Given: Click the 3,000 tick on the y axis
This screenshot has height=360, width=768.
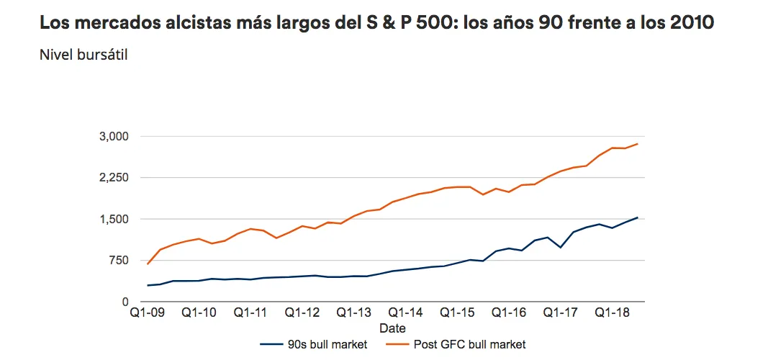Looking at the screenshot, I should pyautogui.click(x=113, y=137).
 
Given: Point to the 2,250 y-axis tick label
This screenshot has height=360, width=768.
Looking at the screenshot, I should pyautogui.click(x=113, y=178).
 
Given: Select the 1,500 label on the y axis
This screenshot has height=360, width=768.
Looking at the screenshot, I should pyautogui.click(x=113, y=219).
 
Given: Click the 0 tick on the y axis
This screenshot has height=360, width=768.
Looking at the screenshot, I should pyautogui.click(x=125, y=302).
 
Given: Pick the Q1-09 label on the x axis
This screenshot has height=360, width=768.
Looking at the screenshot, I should pyautogui.click(x=147, y=315).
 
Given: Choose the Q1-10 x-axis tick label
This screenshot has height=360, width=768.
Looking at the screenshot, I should pyautogui.click(x=199, y=315).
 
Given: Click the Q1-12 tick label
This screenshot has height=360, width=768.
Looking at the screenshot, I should pyautogui.click(x=302, y=315).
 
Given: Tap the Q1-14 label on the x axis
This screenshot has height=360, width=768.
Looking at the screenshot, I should pyautogui.click(x=405, y=315).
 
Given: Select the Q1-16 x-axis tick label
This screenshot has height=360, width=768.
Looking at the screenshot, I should pyautogui.click(x=509, y=315).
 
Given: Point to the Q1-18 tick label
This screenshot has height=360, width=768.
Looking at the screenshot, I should pyautogui.click(x=612, y=315).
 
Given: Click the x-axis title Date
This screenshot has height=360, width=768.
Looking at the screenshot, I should pyautogui.click(x=392, y=328).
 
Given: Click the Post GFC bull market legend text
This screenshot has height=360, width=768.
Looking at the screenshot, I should pyautogui.click(x=469, y=345).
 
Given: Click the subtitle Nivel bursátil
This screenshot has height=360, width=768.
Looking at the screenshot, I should pyautogui.click(x=83, y=55).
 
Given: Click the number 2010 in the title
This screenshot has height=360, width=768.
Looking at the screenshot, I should pyautogui.click(x=690, y=22).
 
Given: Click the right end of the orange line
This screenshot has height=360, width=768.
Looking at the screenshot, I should pyautogui.click(x=638, y=144).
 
